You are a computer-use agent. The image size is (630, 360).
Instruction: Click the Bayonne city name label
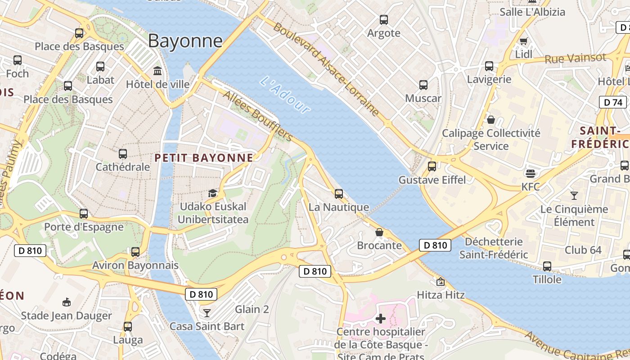[185, 41]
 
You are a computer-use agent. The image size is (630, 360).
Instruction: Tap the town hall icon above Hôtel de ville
[158, 71]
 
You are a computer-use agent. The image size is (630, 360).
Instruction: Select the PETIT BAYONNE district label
[204, 157]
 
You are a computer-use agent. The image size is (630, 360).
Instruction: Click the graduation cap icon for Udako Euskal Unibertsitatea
[212, 193]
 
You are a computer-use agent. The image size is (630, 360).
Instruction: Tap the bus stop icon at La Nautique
[339, 194]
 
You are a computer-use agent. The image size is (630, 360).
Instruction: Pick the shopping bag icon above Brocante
[379, 232]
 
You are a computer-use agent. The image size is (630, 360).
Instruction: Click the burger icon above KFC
[531, 173]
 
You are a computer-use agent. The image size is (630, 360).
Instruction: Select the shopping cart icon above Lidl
[523, 41]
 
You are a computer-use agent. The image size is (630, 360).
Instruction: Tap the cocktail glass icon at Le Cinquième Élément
[574, 195]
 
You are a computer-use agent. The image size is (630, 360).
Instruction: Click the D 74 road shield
[613, 102]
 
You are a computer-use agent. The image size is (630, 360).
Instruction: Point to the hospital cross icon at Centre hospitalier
[381, 319]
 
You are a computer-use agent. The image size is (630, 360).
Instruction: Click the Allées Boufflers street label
[258, 117]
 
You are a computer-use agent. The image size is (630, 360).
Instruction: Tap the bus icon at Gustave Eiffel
[432, 166]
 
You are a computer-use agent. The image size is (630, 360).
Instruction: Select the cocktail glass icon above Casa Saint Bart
[207, 313]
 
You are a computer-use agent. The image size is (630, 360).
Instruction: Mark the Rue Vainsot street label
[575, 58]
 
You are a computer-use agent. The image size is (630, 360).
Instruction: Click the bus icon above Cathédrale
[123, 153]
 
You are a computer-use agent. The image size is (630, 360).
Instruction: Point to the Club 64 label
[583, 250]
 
